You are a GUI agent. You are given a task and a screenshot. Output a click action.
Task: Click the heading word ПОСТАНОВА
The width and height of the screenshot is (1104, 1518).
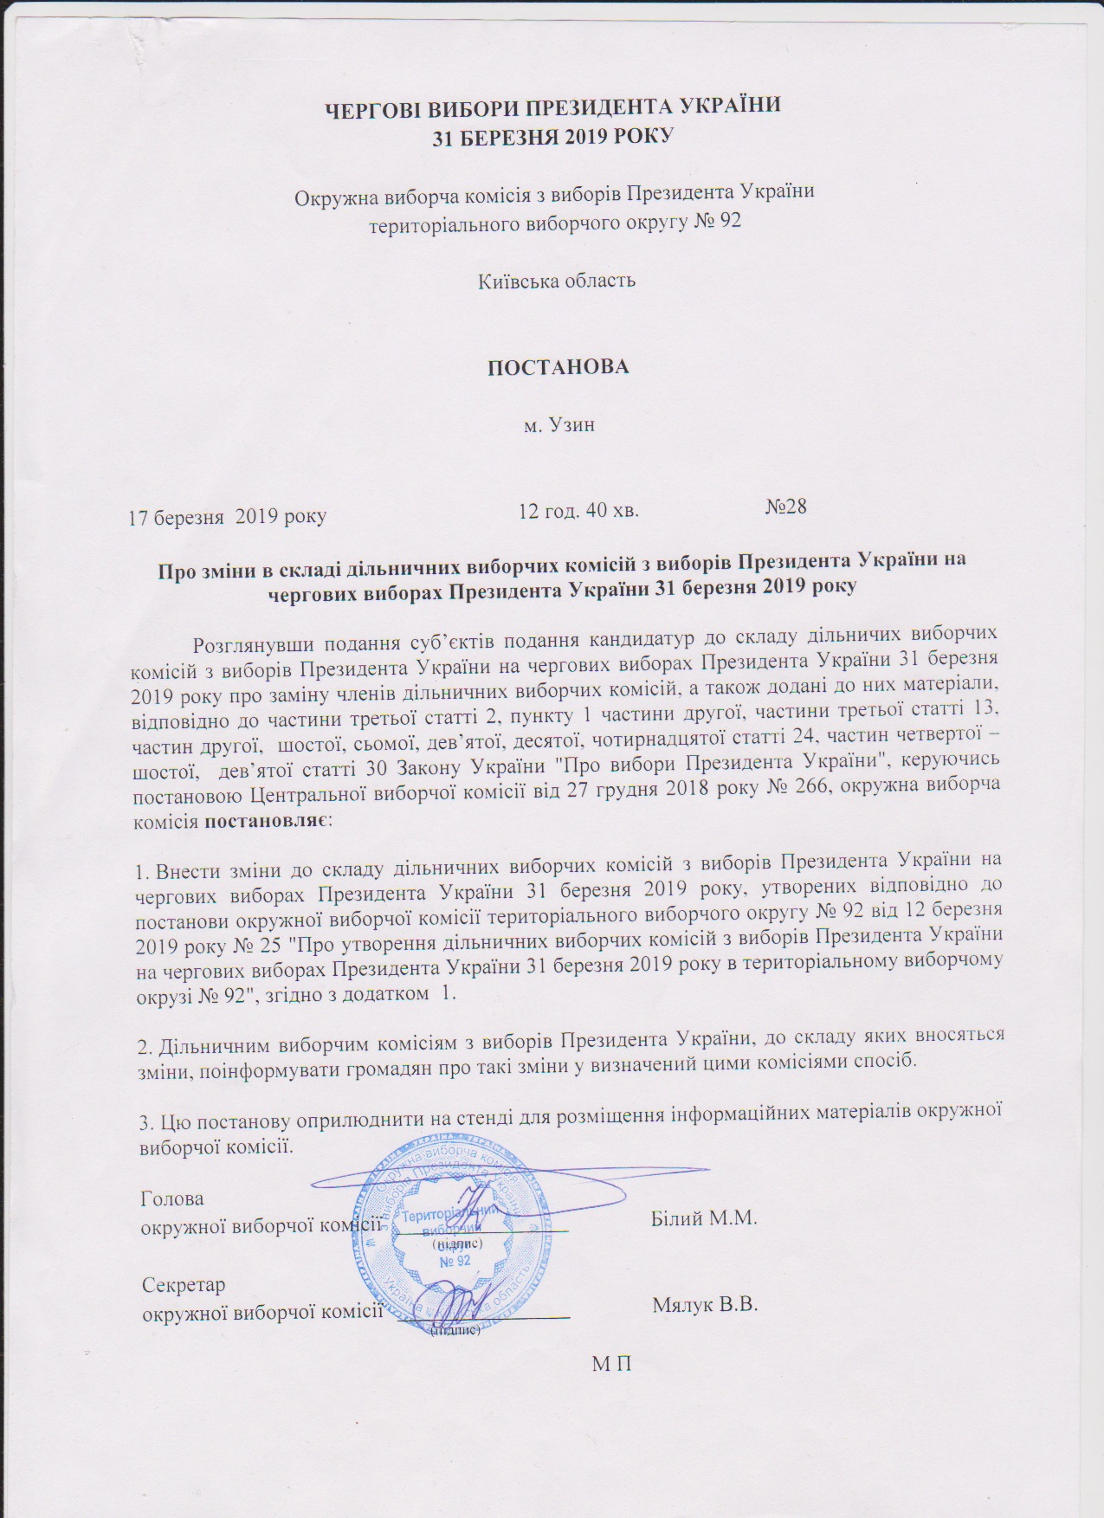tap(558, 366)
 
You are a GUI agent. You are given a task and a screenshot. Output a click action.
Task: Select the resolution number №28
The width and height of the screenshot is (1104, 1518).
tap(786, 506)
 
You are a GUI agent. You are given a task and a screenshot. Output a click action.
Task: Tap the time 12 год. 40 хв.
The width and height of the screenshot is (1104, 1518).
tap(578, 510)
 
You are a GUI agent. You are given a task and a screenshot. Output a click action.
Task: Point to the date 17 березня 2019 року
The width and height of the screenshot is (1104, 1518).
tap(228, 518)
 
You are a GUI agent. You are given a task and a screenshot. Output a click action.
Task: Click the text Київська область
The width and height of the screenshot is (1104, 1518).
tap(558, 281)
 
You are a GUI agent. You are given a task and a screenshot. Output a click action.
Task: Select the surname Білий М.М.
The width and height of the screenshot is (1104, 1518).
tap(703, 1218)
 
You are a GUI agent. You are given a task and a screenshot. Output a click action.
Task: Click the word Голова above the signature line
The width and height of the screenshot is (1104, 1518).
tap(172, 1200)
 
